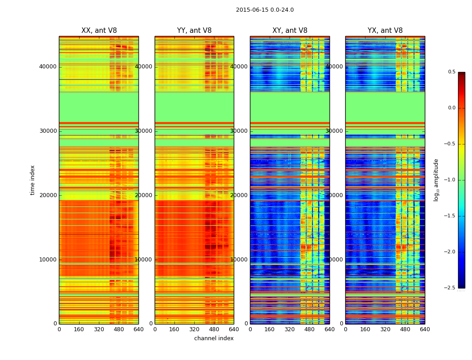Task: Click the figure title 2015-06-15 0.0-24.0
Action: (265, 10)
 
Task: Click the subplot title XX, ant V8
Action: (99, 31)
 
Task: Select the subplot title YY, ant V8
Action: (194, 31)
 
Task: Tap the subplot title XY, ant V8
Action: (290, 31)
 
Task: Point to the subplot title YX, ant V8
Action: (385, 31)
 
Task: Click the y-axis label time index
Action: (32, 180)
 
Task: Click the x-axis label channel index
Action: (214, 338)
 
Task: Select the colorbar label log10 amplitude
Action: (436, 180)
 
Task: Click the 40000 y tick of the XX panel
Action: (48, 66)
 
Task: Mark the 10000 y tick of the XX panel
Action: (48, 259)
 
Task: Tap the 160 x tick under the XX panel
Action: (79, 329)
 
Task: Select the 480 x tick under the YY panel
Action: (214, 329)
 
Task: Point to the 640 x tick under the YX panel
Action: (425, 329)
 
